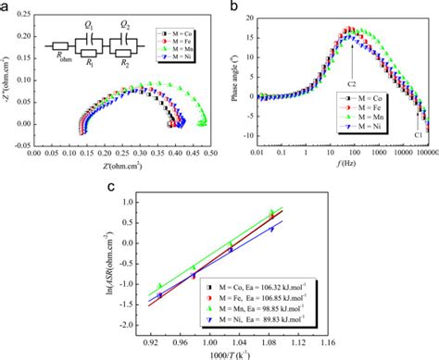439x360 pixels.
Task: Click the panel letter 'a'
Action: (x=6, y=7)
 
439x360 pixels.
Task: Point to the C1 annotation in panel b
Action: (x=419, y=135)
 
